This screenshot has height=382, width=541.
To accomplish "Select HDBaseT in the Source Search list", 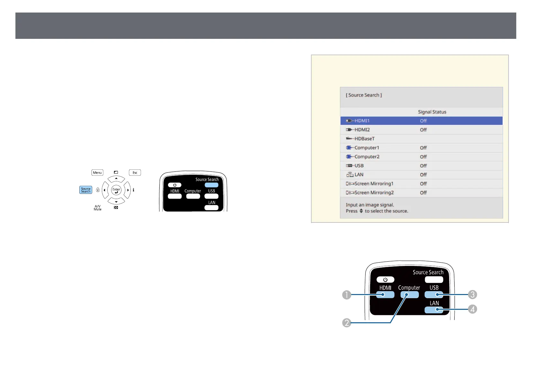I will [x=364, y=139].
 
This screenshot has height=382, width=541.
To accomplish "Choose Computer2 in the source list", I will [x=367, y=157].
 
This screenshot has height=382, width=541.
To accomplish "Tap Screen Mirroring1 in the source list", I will [x=374, y=184].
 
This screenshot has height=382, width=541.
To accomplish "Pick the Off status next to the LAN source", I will [x=423, y=175].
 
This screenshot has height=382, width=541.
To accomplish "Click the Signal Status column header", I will [x=432, y=112].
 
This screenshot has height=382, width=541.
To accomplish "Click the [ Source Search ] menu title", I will [x=364, y=95].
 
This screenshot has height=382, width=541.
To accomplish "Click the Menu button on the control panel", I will [x=97, y=173].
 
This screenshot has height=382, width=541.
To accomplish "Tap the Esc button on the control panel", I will [x=135, y=173].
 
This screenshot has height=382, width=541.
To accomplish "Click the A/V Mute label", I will [x=97, y=208].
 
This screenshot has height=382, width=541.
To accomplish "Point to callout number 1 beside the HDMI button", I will [x=347, y=295].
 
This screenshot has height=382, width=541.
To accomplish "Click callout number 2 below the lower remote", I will [x=347, y=323].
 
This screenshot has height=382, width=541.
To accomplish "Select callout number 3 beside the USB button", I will [x=472, y=294].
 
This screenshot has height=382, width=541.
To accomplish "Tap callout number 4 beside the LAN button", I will [x=472, y=309].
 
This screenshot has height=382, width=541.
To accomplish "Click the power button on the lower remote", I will [x=385, y=280].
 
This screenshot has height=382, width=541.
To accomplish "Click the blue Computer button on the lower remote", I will [x=409, y=295].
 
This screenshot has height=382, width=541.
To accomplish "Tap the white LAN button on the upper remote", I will [x=211, y=208].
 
